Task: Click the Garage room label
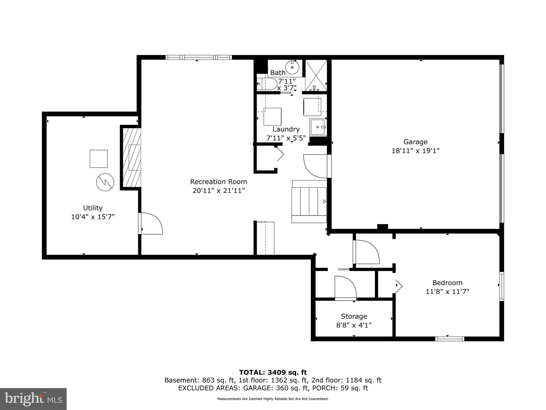pos(415,142)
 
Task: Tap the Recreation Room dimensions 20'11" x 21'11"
pos(218,191)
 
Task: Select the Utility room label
pos(93,208)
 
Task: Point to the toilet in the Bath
pos(267,84)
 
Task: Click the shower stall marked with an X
pos(316,75)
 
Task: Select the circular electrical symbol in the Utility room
pos(105,182)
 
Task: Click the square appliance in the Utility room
pos(99,159)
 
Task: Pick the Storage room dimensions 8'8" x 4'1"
pos(354,325)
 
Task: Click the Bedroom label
pos(447,282)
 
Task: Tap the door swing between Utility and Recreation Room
pos(151,224)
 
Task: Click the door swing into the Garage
pos(316,166)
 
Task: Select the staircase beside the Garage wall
pos(309,202)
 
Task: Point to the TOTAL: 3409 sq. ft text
pos(273,372)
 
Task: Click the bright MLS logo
pos(33,399)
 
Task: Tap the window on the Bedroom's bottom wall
pos(450,339)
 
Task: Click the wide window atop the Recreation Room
pos(199,57)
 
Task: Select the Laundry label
pos(286,129)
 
